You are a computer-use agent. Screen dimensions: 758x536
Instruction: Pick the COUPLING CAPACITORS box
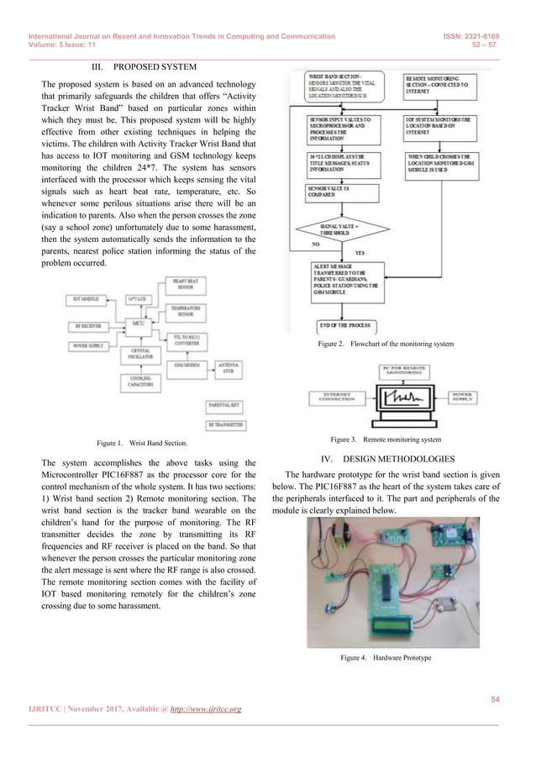click(139, 380)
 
